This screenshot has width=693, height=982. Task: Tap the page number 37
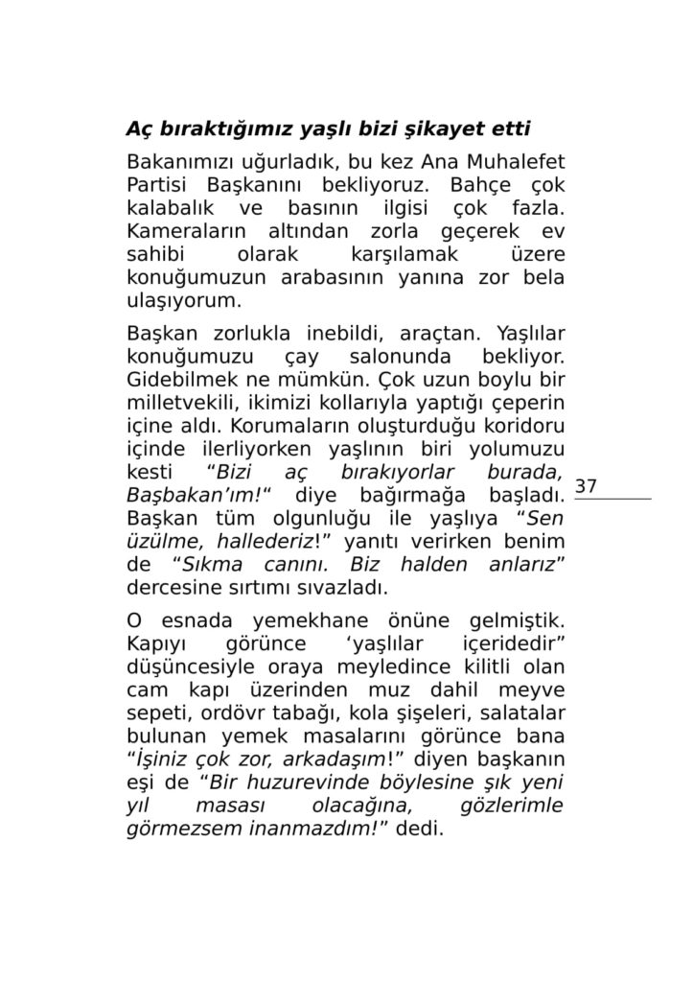click(x=586, y=487)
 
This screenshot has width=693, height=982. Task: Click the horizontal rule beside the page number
click(x=612, y=499)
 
